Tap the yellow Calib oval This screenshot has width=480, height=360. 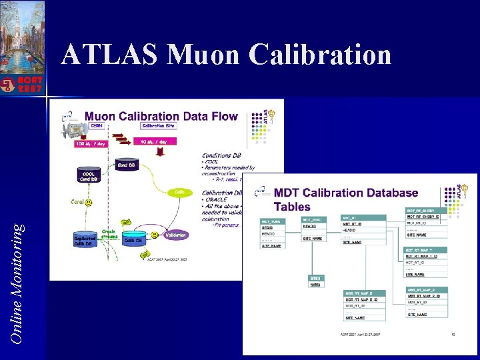[x=179, y=192]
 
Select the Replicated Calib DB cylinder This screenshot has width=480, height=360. [x=85, y=241]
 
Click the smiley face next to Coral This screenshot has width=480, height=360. [x=89, y=201]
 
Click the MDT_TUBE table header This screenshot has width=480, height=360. [x=271, y=221]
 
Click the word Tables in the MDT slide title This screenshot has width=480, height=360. [x=293, y=207]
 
